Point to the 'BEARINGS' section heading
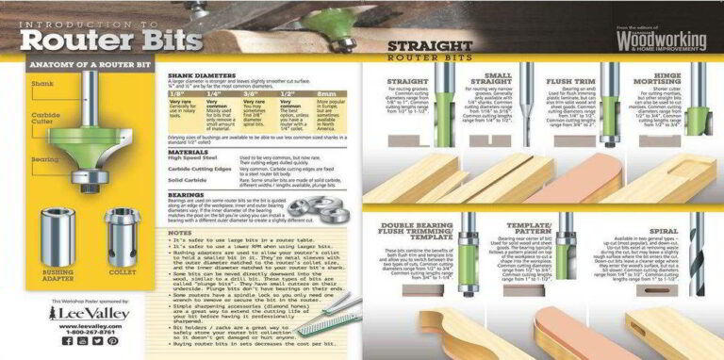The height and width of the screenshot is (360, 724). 184,192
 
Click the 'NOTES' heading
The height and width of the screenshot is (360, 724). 179,232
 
